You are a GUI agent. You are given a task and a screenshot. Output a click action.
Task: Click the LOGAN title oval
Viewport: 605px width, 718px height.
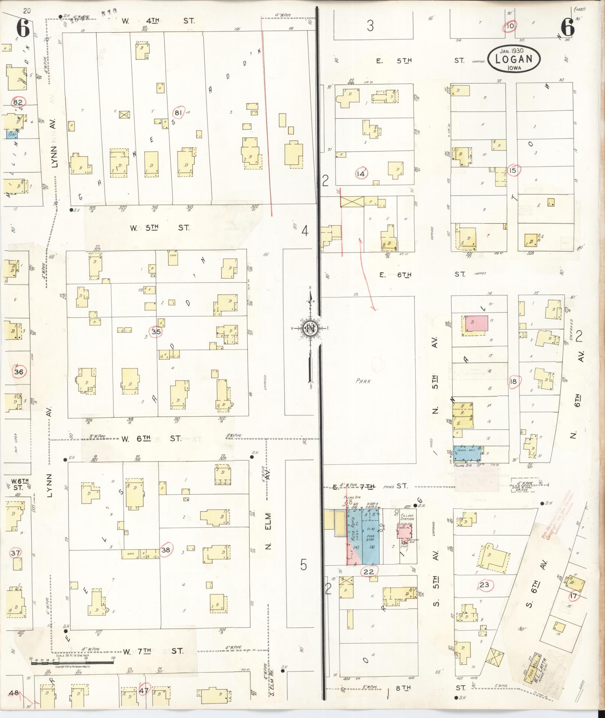point(514,59)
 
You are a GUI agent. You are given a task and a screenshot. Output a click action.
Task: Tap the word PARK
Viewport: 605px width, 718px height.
point(363,381)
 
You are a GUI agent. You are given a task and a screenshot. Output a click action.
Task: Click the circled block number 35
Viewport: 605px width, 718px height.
point(156,332)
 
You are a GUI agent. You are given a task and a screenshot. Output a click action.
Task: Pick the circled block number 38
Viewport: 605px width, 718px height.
point(166,549)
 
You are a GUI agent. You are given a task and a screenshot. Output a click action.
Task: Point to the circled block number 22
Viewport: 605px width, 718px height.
point(369,571)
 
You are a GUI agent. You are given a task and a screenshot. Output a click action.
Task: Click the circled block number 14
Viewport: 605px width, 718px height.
point(362,173)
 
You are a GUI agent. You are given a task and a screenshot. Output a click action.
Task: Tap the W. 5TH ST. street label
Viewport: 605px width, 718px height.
point(159,227)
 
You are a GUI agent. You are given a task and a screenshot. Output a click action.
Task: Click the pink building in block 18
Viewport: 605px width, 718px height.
point(477,323)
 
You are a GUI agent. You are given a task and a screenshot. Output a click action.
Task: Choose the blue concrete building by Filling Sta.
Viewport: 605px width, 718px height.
point(467,453)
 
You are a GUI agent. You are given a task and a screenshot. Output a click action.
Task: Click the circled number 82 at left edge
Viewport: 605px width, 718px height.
point(18,102)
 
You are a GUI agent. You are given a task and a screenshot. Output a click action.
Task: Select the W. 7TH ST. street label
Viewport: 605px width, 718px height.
point(153,651)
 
